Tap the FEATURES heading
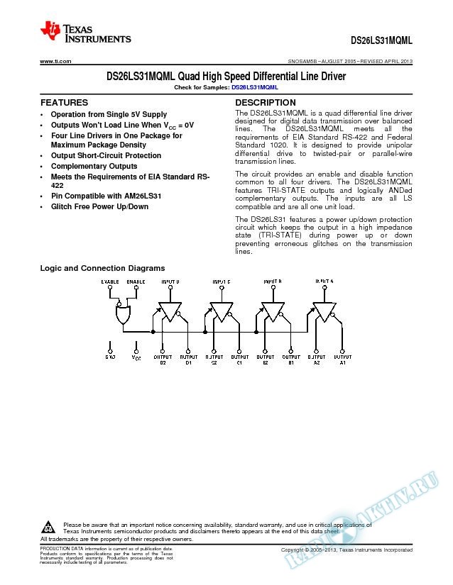pyautogui.click(x=64, y=103)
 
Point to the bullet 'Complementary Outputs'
pyautogui.click(x=94, y=166)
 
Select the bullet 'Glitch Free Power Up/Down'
pyautogui.click(x=99, y=206)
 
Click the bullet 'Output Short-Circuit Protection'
pyautogui.click(x=106, y=155)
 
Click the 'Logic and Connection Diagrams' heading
pyautogui.click(x=102, y=268)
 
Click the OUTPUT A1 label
pyautogui.click(x=343, y=360)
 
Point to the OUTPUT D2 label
pyautogui.click(x=163, y=360)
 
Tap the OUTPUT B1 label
pyautogui.click(x=291, y=360)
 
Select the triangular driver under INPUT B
pyautogui.click(x=273, y=312)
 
